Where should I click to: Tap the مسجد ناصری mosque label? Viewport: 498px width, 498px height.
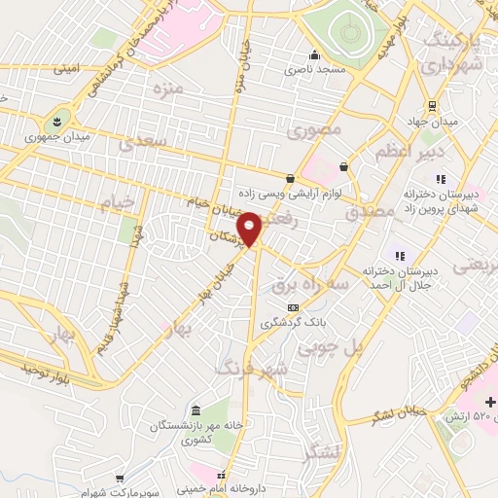(x=312, y=70)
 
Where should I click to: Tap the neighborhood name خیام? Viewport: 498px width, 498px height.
(x=115, y=200)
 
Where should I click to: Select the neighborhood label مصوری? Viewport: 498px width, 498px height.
(x=317, y=127)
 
